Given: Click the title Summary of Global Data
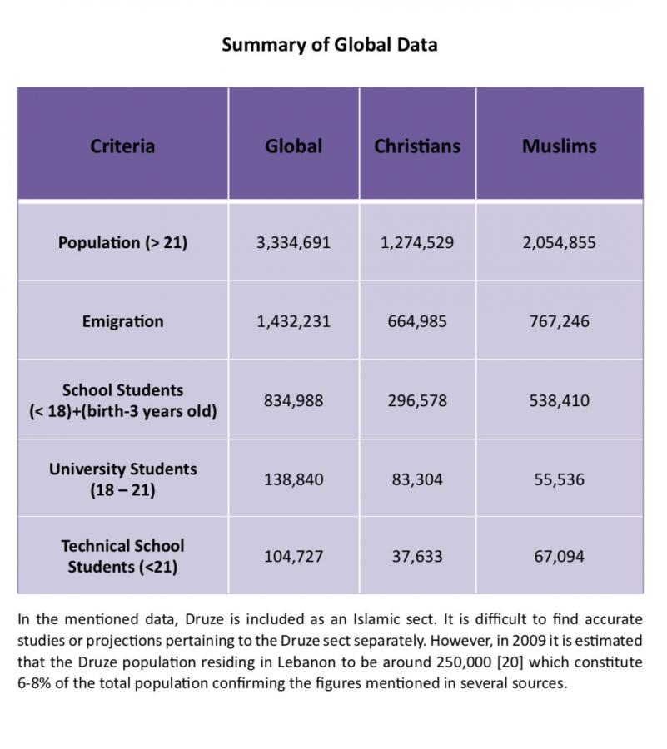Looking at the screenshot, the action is (x=329, y=45).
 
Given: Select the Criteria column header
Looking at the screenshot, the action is (x=122, y=146).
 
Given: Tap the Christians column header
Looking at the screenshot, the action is (x=417, y=146).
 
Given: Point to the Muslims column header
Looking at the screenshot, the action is (x=559, y=146).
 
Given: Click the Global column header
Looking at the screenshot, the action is (x=293, y=146).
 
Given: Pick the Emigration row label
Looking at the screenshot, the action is (x=122, y=321).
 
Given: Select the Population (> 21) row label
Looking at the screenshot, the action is (x=122, y=243).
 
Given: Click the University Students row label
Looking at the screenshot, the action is (x=122, y=479).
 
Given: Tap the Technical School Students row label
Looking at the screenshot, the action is (x=122, y=557).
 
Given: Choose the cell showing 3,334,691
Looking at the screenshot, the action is (x=293, y=243).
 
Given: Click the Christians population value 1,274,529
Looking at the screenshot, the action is (x=417, y=243).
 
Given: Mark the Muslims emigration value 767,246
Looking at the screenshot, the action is (x=559, y=321).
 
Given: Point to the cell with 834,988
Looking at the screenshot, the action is (x=293, y=400).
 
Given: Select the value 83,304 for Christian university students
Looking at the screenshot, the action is (x=417, y=479).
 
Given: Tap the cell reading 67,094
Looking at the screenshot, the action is (x=559, y=557).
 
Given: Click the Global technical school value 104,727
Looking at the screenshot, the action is (x=293, y=557).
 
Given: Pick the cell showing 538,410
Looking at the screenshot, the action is (x=559, y=400).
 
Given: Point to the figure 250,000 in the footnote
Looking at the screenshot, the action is (x=464, y=662).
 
